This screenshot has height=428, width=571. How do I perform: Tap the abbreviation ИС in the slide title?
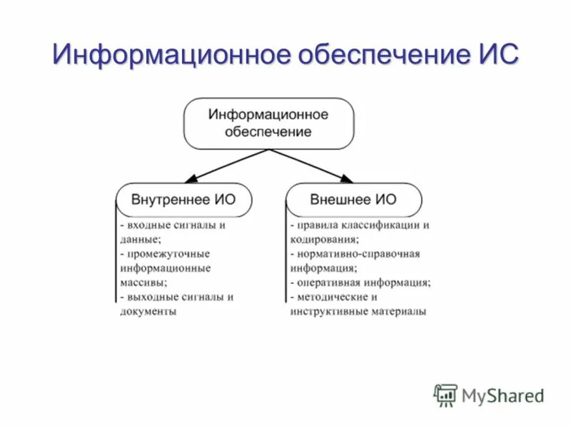[x=493, y=56]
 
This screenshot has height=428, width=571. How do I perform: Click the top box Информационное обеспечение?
[x=268, y=123]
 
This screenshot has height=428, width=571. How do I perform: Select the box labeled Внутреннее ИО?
[x=183, y=200]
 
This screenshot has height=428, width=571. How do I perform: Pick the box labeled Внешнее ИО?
[x=353, y=200]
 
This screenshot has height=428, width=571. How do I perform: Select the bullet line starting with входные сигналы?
[x=173, y=225]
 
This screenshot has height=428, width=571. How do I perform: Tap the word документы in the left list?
[x=148, y=312]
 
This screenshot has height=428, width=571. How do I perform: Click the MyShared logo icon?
[x=445, y=394]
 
